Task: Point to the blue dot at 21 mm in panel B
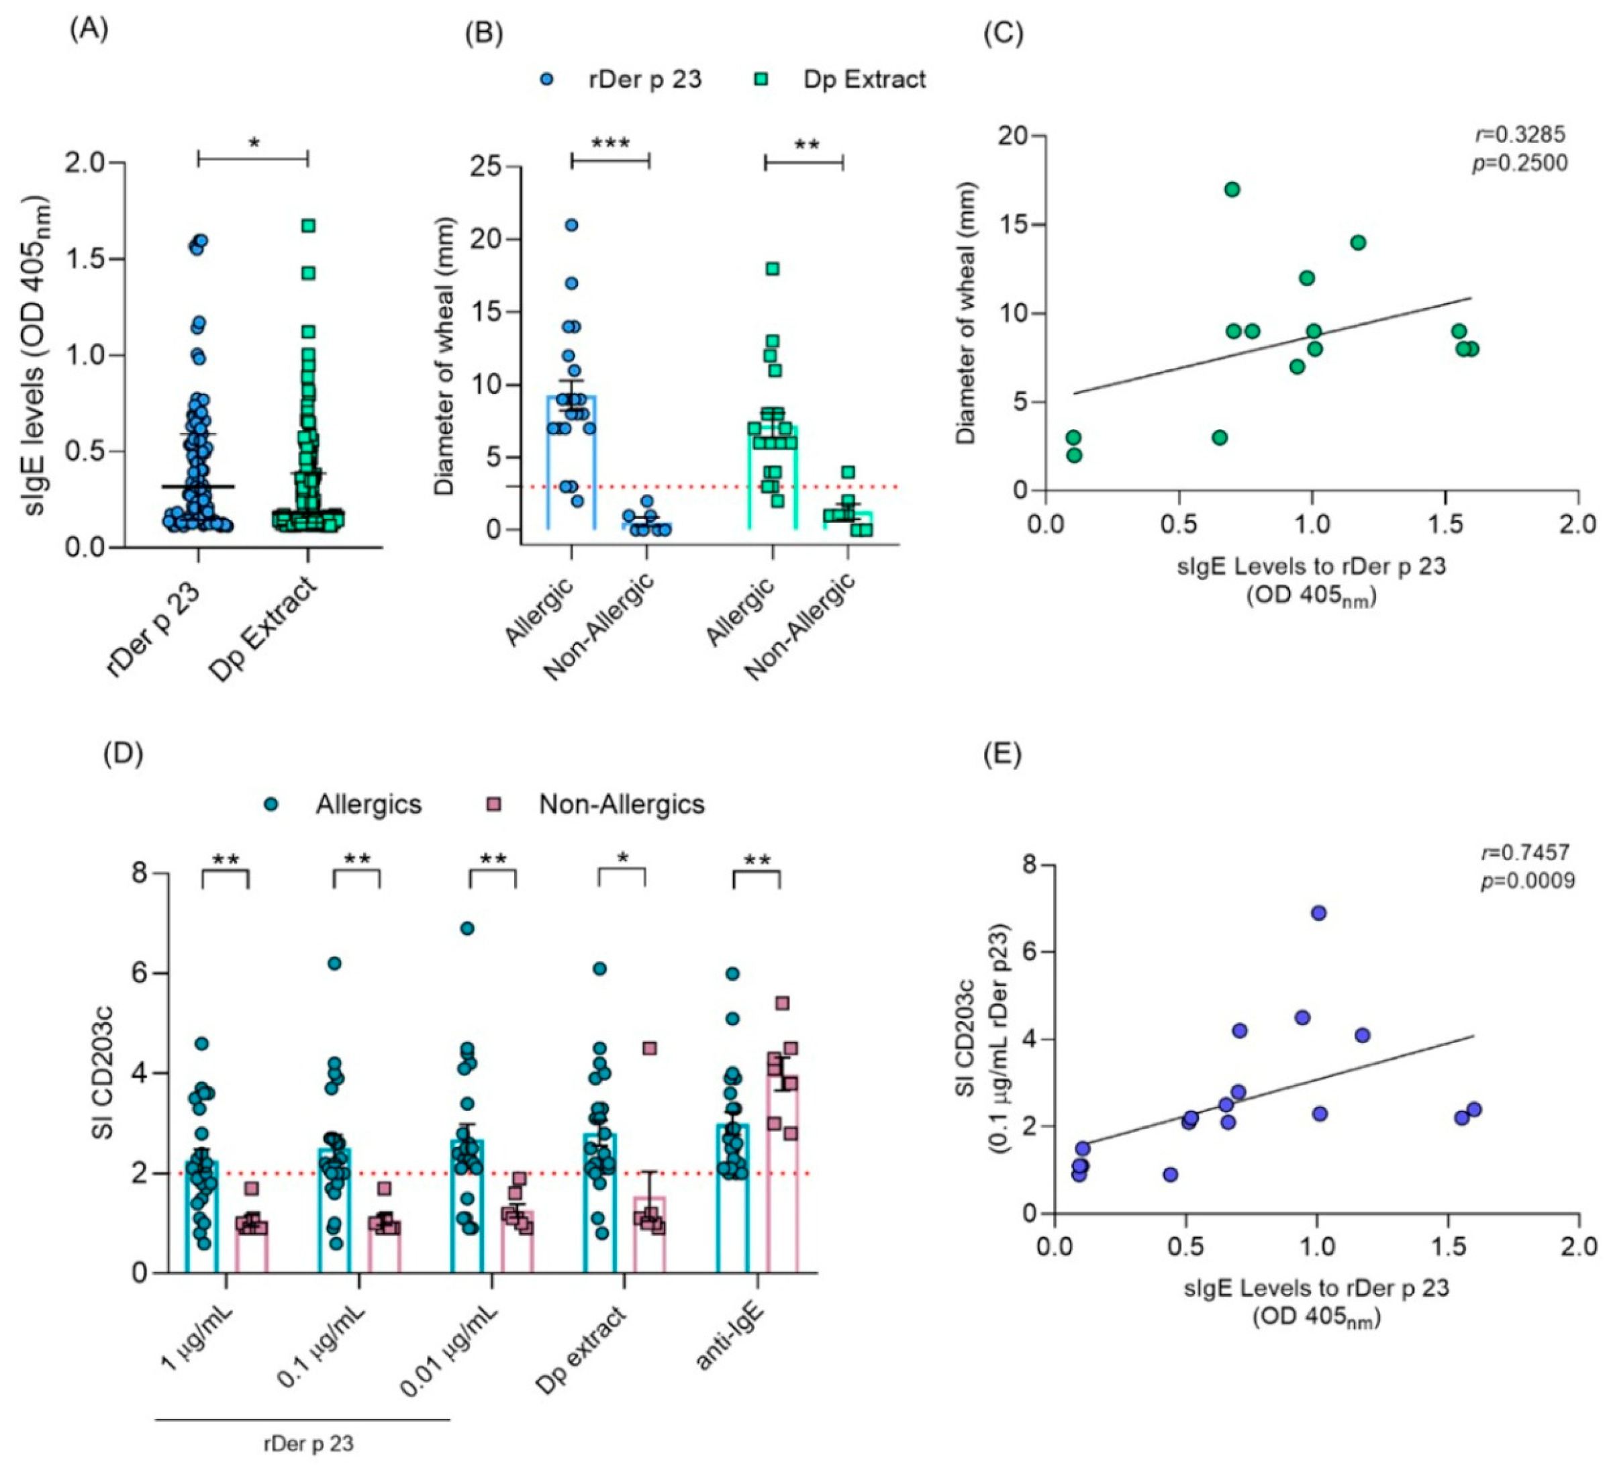pos(571,225)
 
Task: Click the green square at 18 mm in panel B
pos(773,268)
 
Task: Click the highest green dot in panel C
pos(1232,189)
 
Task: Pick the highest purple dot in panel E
pos(1318,913)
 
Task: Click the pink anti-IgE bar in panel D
pos(782,1199)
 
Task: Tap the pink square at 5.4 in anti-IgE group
pos(782,1003)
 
